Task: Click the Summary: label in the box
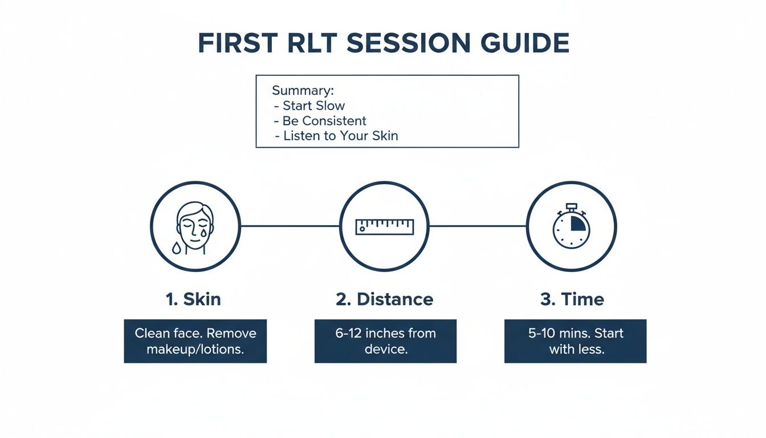point(303,91)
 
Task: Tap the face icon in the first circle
point(195,225)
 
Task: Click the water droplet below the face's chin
point(177,248)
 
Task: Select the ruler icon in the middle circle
point(384,226)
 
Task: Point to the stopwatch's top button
point(571,206)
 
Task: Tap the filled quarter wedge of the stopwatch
point(577,222)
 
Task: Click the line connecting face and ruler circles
point(290,226)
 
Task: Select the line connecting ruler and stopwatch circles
point(477,226)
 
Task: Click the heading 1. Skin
point(193,299)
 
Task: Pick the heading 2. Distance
point(384,299)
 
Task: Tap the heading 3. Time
point(572,299)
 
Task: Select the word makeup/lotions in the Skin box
point(195,349)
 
